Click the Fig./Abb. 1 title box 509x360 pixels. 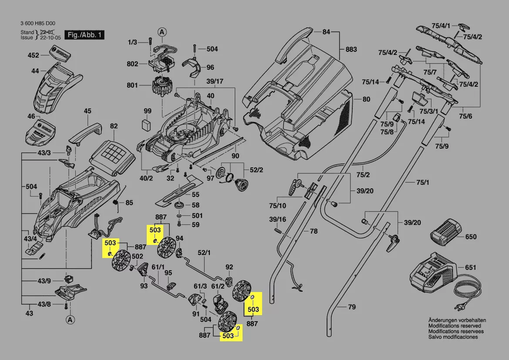(x=84, y=34)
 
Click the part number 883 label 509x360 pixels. (x=351, y=49)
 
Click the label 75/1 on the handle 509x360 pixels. (x=423, y=182)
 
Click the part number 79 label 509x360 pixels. (x=352, y=307)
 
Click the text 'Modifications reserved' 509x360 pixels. (x=455, y=326)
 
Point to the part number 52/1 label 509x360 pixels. (x=204, y=252)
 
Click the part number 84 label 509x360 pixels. (x=327, y=31)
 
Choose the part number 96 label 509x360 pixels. (x=210, y=67)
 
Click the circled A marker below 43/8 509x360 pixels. (x=69, y=320)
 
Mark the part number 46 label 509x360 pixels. (x=31, y=116)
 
